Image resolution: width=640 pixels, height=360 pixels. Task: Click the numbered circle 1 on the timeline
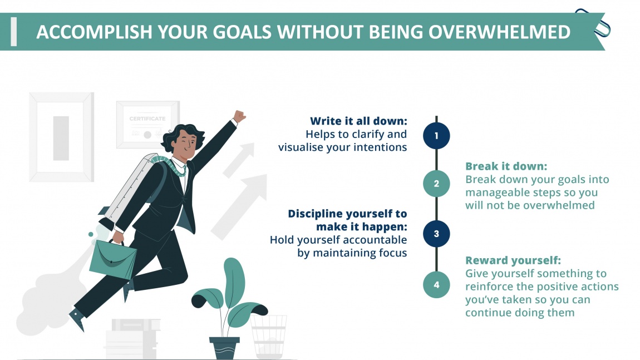(x=436, y=135)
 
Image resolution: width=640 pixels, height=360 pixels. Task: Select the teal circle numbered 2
(x=436, y=184)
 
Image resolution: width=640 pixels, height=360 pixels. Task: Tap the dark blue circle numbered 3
(x=436, y=234)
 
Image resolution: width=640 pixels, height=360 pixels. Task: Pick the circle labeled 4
(x=436, y=285)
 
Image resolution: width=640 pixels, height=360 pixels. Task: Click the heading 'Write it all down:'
(x=358, y=121)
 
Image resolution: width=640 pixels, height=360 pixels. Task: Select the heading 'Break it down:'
(x=506, y=166)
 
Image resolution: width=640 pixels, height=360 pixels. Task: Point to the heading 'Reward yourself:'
(x=513, y=260)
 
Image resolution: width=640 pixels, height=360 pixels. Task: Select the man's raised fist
(x=239, y=116)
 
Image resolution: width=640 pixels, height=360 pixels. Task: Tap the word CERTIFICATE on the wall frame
(x=147, y=119)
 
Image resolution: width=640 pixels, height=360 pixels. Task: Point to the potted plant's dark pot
(x=225, y=347)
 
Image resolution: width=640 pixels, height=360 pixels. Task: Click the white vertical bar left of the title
(x=14, y=32)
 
